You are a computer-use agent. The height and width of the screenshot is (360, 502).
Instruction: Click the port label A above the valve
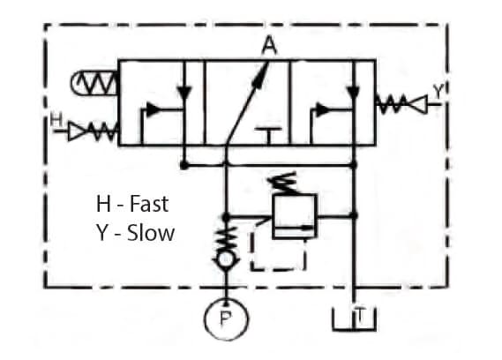click(269, 45)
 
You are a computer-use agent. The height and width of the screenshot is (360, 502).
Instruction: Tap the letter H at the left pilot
click(56, 120)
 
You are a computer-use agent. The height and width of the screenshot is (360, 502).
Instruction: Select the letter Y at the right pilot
click(438, 91)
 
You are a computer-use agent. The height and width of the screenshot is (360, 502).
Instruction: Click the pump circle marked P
click(227, 319)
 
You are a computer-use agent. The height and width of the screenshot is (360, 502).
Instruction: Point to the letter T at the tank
click(360, 316)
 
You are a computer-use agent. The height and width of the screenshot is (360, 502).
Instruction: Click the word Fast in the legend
click(149, 204)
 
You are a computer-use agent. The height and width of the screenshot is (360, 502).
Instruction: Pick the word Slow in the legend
click(151, 233)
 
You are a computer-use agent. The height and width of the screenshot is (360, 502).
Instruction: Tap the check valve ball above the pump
click(226, 259)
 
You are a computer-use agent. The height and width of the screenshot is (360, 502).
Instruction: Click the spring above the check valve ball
click(227, 236)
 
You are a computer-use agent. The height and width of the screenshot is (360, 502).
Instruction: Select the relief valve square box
click(294, 216)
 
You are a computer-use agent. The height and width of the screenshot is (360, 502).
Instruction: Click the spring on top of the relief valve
click(284, 183)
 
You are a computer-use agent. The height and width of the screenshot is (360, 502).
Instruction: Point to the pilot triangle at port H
click(76, 131)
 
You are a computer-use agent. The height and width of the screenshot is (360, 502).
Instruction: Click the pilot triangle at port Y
click(418, 104)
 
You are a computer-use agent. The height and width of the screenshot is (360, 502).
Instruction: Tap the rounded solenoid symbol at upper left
click(94, 83)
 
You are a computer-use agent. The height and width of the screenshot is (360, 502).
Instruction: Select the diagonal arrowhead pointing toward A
click(260, 76)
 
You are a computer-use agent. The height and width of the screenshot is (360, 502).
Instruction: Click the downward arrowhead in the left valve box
click(184, 93)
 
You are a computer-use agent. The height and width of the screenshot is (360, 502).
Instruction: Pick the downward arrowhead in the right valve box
click(354, 93)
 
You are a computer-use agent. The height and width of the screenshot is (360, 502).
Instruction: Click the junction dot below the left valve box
click(184, 165)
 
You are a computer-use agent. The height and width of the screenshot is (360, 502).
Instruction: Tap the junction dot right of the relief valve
click(354, 215)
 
